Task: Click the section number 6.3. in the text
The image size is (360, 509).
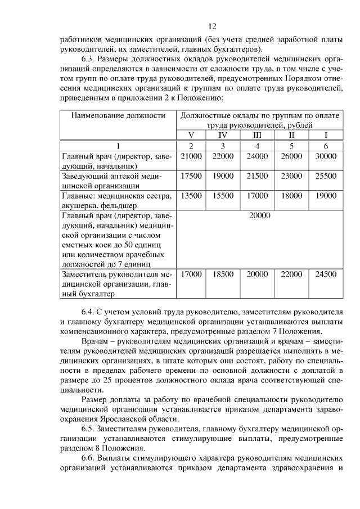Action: tap(89, 60)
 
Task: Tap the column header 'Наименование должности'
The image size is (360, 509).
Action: tap(118, 116)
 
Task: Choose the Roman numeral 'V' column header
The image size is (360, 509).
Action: tap(192, 135)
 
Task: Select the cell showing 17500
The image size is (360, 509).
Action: tap(192, 176)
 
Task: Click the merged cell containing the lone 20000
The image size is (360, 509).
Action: tap(259, 215)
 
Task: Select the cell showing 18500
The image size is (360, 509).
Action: tap(224, 274)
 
